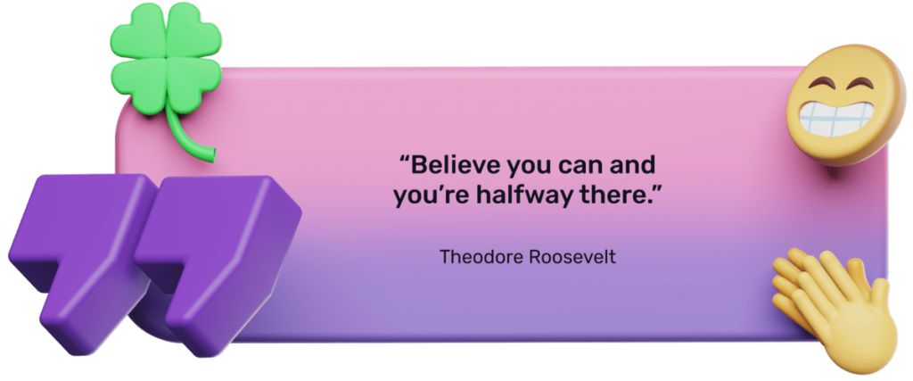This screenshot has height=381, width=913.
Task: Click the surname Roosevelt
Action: tap(572, 256)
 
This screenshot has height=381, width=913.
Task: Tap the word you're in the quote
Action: tap(432, 197)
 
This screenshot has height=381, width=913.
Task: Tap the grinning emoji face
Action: tap(844, 104)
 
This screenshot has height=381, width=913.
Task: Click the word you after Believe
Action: tap(529, 169)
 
